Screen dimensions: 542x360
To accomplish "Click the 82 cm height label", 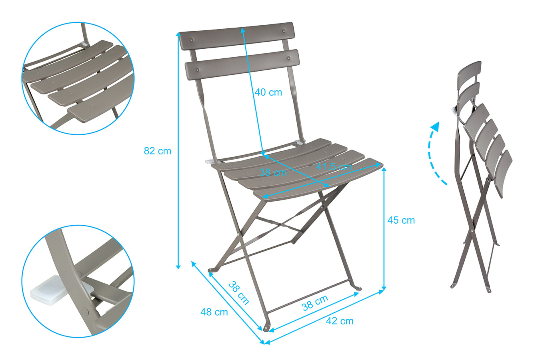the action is (x=157, y=151).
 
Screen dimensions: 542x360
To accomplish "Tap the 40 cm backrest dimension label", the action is (x=268, y=92).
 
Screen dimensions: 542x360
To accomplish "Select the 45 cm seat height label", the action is (x=401, y=220).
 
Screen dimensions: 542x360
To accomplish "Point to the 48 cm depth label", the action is (x=214, y=312).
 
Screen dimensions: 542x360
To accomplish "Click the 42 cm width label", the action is (x=340, y=321).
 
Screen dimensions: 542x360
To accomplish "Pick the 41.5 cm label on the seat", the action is (x=334, y=166).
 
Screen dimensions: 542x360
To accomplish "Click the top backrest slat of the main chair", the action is (x=237, y=36).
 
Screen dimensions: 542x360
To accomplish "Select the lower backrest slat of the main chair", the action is (x=242, y=64).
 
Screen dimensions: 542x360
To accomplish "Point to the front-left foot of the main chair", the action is (x=266, y=327).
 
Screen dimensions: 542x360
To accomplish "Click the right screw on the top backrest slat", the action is (x=284, y=31).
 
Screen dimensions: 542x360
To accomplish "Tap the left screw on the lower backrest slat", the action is (x=198, y=70).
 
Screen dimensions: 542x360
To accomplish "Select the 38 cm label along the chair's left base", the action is (x=239, y=293).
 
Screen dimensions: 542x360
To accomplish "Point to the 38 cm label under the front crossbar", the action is (x=315, y=303).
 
